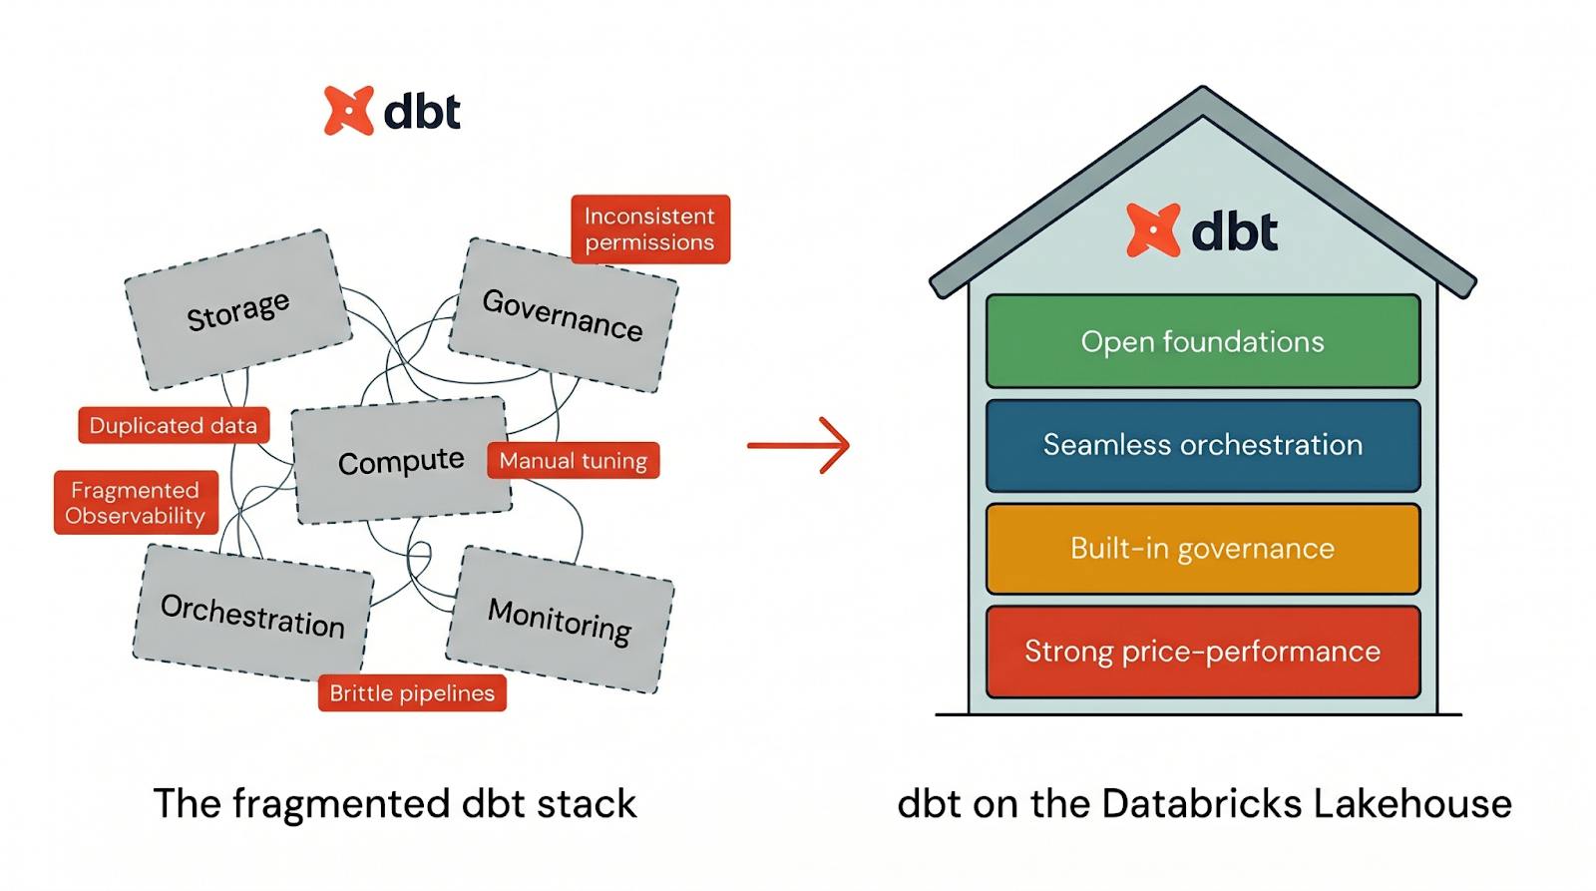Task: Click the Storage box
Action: pyautogui.click(x=237, y=310)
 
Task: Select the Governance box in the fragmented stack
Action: pyautogui.click(x=563, y=315)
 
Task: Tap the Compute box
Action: pyautogui.click(x=401, y=461)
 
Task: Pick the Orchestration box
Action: pyautogui.click(x=252, y=614)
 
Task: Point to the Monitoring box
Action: pyautogui.click(x=560, y=620)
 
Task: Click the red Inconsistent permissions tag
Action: pyautogui.click(x=649, y=229)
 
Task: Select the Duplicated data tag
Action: pyautogui.click(x=174, y=425)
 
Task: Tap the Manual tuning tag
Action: pyautogui.click(x=573, y=460)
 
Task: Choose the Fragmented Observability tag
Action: pyautogui.click(x=136, y=503)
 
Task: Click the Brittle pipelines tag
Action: pyautogui.click(x=412, y=692)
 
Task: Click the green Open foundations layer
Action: pyautogui.click(x=1202, y=341)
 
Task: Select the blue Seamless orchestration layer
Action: pyautogui.click(x=1202, y=445)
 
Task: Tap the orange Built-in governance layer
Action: pyautogui.click(x=1202, y=549)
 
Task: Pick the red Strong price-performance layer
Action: pyautogui.click(x=1202, y=652)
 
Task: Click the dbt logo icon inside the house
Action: pyautogui.click(x=1153, y=230)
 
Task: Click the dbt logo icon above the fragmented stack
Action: pyautogui.click(x=349, y=111)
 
